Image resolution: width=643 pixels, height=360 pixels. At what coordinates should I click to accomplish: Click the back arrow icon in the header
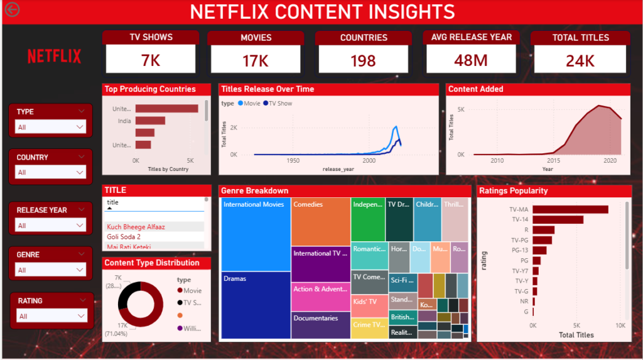12,9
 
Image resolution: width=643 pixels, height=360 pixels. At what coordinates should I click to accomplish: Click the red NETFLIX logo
54,57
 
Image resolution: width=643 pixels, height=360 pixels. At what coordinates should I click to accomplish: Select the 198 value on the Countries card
363,60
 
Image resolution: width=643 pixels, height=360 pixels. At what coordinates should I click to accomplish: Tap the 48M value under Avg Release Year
472,60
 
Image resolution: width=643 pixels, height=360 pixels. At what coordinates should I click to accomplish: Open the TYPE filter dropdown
50,127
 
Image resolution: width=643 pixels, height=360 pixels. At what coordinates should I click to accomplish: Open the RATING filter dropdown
51,316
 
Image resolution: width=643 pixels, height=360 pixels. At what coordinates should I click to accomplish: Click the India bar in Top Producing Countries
150,121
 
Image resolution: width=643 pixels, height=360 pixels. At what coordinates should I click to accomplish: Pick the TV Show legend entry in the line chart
278,104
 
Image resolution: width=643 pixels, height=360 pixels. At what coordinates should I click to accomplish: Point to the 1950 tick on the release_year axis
293,161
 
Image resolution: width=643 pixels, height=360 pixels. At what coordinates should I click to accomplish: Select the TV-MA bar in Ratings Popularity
570,209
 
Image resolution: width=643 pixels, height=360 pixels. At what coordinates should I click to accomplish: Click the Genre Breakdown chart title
255,191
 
